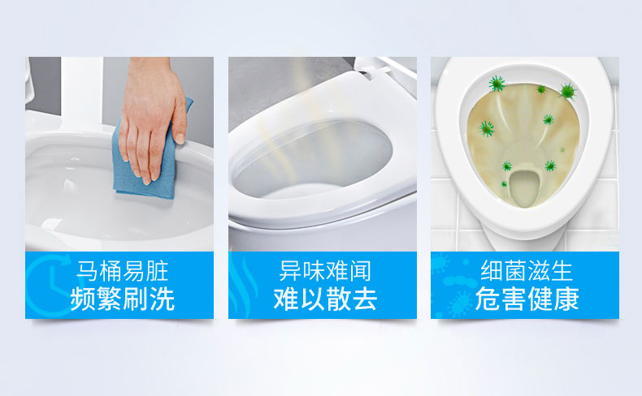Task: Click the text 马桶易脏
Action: tap(123, 271)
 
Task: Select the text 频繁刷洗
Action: tap(123, 299)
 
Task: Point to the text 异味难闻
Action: tap(325, 271)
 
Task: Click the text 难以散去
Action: tap(325, 299)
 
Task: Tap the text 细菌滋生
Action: tap(527, 271)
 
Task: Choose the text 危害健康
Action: tap(527, 299)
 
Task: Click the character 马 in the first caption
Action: tap(88, 271)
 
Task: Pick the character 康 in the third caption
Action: tap(566, 299)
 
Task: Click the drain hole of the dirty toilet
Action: tap(524, 185)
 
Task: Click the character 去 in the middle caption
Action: tap(365, 299)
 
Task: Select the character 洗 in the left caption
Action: tap(163, 299)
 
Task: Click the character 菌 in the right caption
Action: tap(515, 271)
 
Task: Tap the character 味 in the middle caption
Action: tap(314, 271)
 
